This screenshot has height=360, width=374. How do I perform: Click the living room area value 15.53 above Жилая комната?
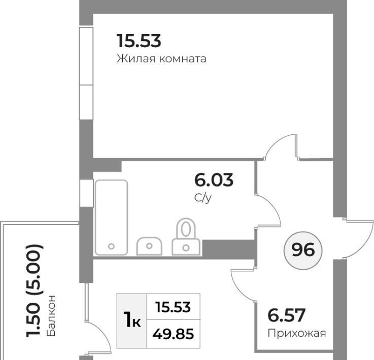pos(139,41)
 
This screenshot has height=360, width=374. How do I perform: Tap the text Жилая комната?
pos(161,59)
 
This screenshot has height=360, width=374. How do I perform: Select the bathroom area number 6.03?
pos(214,180)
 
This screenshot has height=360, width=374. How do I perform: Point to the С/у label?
pos(203,198)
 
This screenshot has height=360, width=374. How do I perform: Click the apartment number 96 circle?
pos(303,250)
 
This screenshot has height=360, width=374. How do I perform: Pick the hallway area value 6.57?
pos(286,315)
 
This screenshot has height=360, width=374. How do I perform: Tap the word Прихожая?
pos(297,333)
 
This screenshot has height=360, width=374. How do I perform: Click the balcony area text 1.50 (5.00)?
pos(34,291)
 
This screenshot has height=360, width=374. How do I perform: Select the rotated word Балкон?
pos(51,316)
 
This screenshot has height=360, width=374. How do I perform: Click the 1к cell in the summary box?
pos(132,320)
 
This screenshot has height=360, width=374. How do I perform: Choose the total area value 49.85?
pos(173,334)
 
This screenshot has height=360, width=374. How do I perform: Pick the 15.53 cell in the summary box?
pos(173,307)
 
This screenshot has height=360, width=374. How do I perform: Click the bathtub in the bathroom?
pos(111,218)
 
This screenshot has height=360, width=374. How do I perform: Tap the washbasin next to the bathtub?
pos(149,246)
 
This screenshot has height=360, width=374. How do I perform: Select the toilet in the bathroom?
pos(186,237)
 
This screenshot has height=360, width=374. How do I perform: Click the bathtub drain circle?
pos(111,246)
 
